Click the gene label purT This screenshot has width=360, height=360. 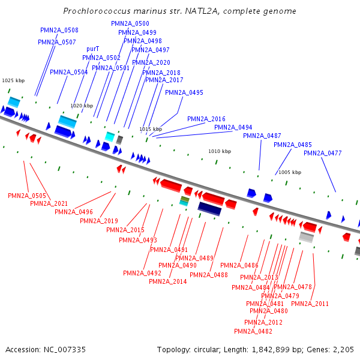pos(93,49)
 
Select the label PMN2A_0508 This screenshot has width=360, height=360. pos(59,30)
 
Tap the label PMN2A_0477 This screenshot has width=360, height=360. pos(323,153)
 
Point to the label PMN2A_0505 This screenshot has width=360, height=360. pos(27,196)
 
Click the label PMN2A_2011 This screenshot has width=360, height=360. pos(310,304)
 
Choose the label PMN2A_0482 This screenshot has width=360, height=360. pos(253,331)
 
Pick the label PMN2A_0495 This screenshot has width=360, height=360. pos(184,92)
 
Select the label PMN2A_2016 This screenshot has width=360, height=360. pos(206,119)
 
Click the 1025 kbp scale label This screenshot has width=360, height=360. pos(13,80)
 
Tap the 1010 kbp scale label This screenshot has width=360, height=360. pos(220,151)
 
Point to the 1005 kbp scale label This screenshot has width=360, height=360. pos(290,172)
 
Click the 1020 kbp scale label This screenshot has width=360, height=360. pos(82,106)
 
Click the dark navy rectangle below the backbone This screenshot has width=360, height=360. pos(209,208)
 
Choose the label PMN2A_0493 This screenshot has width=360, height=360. pos(138,240)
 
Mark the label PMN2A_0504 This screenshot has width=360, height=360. pos(69,72)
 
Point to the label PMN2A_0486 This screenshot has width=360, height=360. pos(239,265)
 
